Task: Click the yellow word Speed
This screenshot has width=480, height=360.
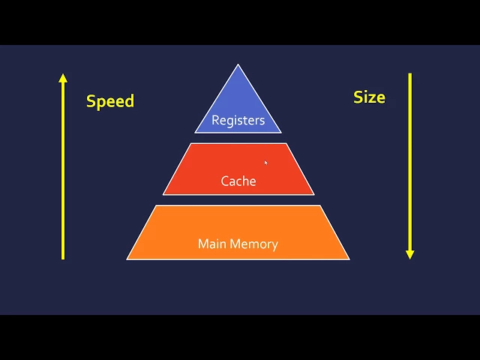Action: point(110,101)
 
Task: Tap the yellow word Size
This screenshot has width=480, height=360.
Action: point(369,97)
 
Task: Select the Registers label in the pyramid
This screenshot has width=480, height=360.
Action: point(238,120)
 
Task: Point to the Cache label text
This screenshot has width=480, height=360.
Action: point(238,181)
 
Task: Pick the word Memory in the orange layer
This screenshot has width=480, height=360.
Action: point(253,244)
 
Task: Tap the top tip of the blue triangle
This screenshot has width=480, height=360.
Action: point(238,65)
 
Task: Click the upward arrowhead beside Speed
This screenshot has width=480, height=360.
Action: point(63,77)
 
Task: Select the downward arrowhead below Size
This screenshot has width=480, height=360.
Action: point(409,254)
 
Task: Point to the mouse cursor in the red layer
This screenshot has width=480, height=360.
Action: point(265,162)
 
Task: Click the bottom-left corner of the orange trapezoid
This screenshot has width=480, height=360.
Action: point(127,259)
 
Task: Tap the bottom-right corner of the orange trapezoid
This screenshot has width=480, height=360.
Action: point(349,259)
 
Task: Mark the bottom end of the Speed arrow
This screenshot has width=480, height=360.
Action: point(63,259)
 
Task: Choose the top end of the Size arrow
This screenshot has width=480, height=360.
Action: point(409,73)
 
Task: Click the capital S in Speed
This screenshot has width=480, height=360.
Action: point(91,101)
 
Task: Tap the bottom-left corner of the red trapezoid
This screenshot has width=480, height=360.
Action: point(163,194)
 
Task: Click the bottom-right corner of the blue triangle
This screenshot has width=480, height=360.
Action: point(281,133)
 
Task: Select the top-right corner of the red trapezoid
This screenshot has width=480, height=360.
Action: point(286,144)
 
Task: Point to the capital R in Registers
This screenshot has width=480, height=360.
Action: point(215,120)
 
